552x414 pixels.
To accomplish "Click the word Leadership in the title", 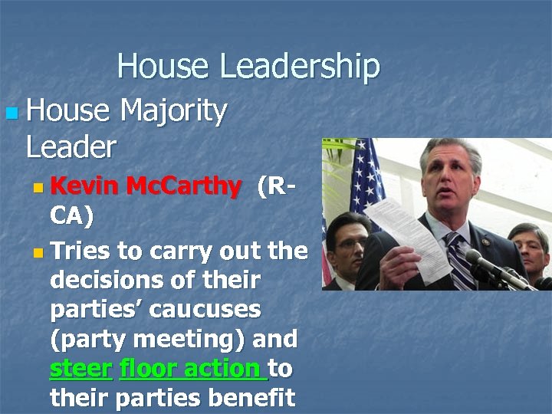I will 300,67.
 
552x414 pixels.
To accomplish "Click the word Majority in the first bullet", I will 173,112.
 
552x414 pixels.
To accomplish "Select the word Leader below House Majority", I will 71,146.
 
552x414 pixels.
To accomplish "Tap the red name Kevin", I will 84,186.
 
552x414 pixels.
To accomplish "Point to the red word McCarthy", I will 182,186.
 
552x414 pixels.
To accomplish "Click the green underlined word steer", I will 80,369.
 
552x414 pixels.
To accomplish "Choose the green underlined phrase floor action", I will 192,369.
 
